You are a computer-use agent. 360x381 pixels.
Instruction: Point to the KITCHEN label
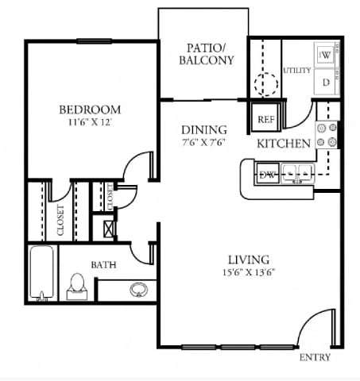coord(283,144)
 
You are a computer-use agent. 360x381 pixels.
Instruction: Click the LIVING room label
coord(248,260)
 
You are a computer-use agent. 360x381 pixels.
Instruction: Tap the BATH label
coord(103,264)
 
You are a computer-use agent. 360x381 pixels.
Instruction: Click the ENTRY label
coord(315,357)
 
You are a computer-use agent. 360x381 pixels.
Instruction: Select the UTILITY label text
coord(297,71)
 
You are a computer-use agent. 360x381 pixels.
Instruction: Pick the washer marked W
coord(326,56)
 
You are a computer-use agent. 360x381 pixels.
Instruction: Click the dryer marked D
coord(326,81)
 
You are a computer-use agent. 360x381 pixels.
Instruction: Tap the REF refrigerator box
coord(265,119)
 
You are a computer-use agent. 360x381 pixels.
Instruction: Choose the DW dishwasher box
coord(268,175)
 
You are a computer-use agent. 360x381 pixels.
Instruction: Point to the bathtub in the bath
coord(40,274)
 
